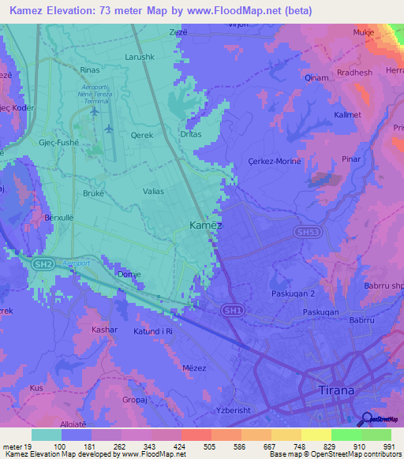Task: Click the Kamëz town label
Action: (206, 226)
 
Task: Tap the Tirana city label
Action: (336, 390)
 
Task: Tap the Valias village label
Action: (154, 191)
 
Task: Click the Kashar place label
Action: (104, 329)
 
